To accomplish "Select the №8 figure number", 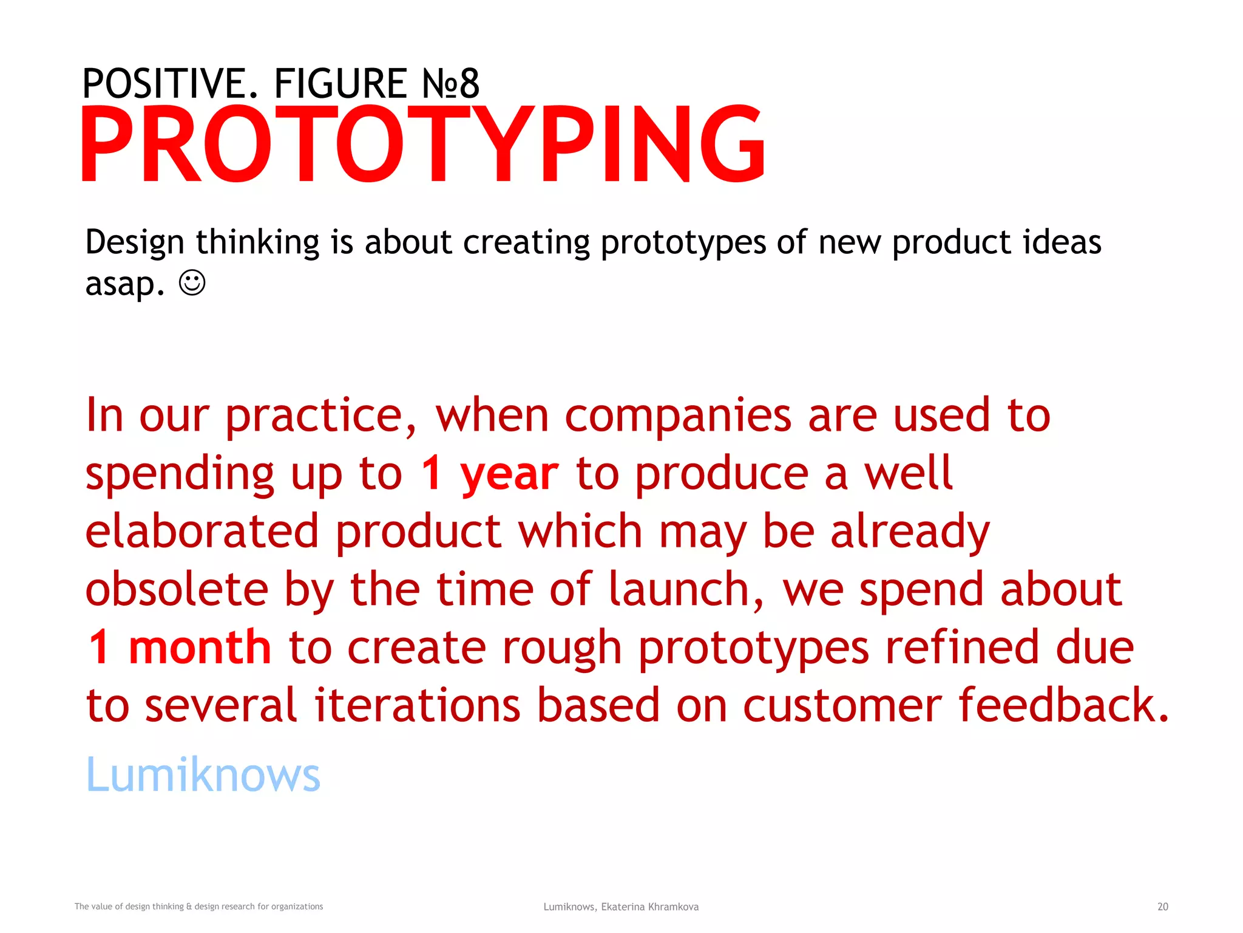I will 451,84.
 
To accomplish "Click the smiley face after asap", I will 192,283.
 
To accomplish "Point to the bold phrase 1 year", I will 489,474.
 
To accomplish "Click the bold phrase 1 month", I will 180,648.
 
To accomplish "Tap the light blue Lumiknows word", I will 203,775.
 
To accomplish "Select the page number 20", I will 1162,906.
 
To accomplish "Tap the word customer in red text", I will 842,706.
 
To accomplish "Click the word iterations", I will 418,706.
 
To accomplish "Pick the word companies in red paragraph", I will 678,417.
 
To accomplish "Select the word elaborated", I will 202,531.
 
